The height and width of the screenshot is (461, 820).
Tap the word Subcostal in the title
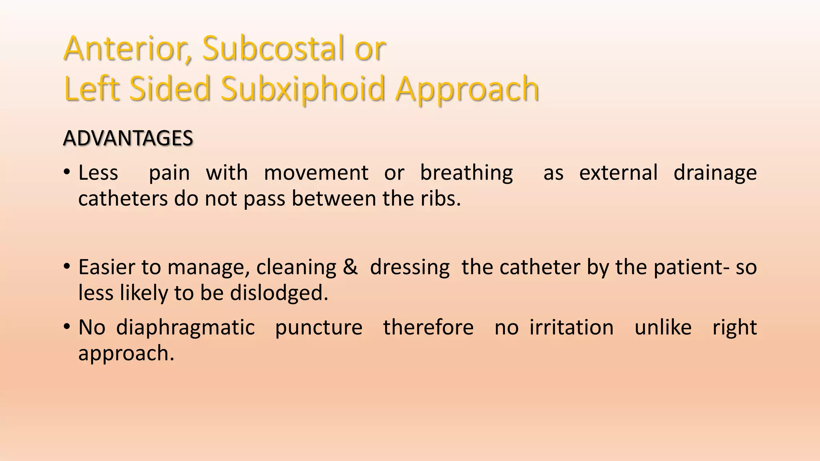click(273, 49)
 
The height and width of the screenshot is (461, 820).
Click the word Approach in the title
click(467, 89)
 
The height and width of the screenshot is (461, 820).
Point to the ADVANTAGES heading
click(128, 138)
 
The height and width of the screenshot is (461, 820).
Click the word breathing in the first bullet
click(466, 173)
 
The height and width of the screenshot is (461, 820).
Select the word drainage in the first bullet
click(715, 173)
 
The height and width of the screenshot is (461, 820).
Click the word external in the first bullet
click(618, 173)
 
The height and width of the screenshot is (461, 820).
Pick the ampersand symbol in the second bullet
click(350, 267)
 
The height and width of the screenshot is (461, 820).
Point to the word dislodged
click(279, 293)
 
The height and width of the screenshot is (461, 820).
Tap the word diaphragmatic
click(185, 328)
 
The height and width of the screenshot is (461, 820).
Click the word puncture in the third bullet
click(319, 328)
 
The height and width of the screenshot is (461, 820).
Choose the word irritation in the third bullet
click(571, 327)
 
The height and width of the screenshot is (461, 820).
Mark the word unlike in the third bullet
click(663, 327)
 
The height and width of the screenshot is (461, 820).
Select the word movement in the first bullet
click(316, 173)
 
